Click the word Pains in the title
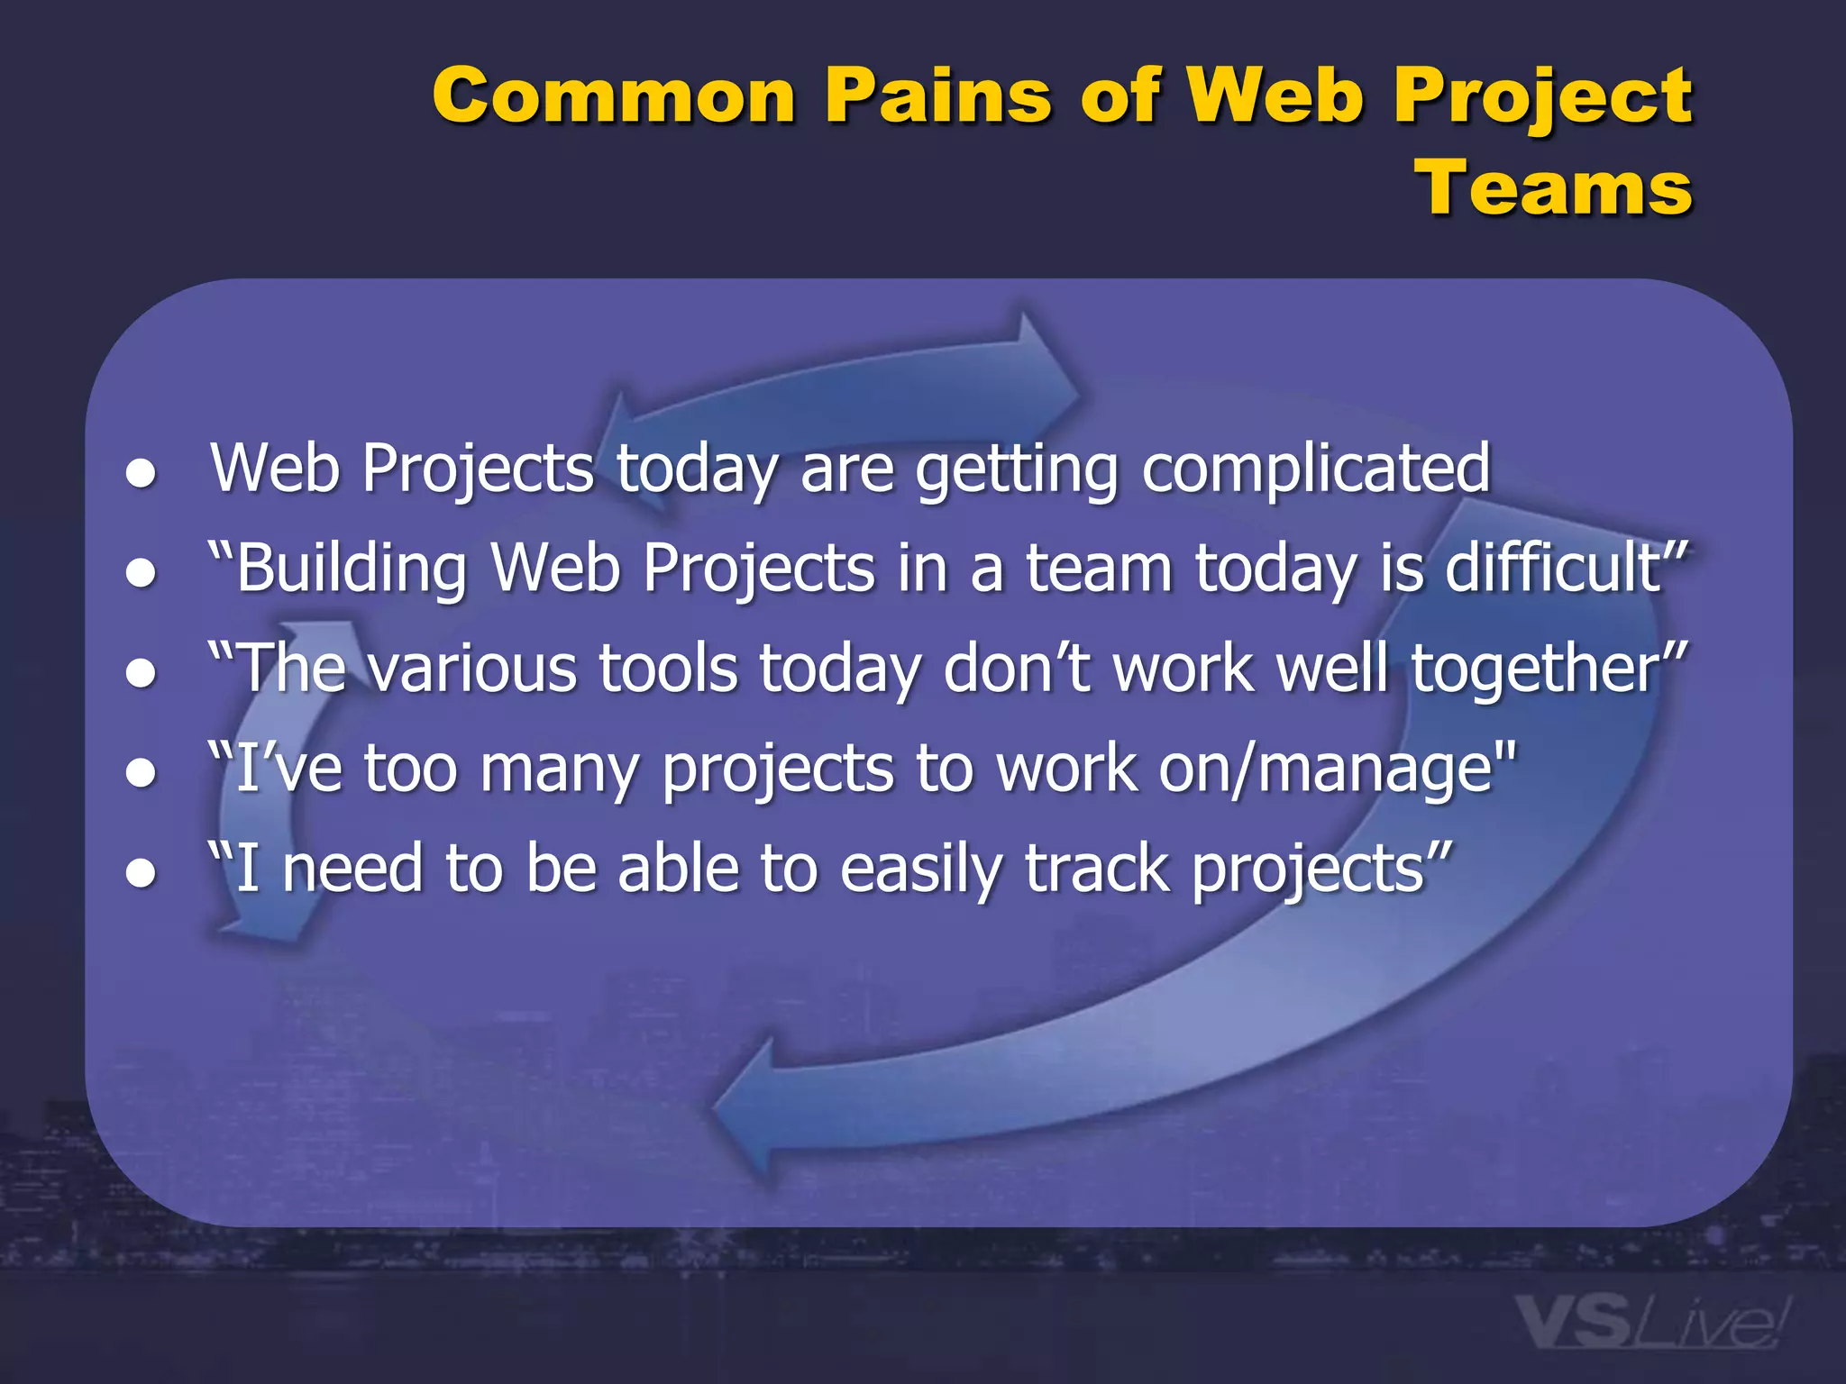click(938, 96)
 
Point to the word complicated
click(1315, 469)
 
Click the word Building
click(351, 570)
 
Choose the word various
click(474, 670)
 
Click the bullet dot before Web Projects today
click(142, 473)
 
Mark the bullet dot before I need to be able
click(142, 873)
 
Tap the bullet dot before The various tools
click(142, 673)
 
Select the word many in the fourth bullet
click(559, 771)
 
